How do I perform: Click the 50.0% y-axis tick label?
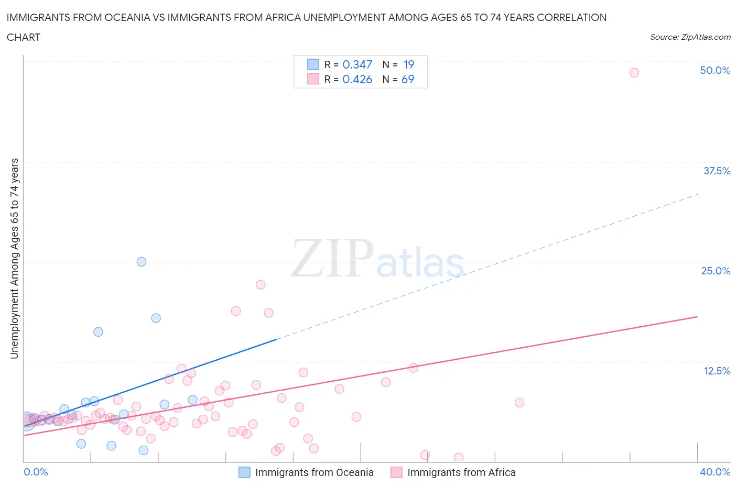tap(715, 70)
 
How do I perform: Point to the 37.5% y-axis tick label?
tap(717, 171)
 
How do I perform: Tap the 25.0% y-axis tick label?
tap(716, 271)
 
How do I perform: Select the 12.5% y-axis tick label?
tap(717, 371)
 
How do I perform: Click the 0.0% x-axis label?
tap(36, 472)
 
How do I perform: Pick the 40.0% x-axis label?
tap(715, 472)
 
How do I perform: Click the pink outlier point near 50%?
tap(634, 73)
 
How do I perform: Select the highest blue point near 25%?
tap(142, 262)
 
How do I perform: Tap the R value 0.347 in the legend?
tap(357, 64)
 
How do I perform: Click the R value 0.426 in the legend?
tap(357, 79)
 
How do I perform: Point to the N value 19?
tap(409, 64)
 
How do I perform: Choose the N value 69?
tap(408, 79)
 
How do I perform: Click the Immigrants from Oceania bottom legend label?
tap(314, 472)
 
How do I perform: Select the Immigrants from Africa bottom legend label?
tap(461, 472)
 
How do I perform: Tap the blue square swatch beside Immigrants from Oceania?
tap(244, 472)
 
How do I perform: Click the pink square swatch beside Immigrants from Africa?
tap(396, 472)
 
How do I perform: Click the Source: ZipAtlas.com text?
tap(690, 37)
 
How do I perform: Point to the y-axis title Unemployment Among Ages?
tap(14, 258)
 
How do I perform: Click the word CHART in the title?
tap(24, 37)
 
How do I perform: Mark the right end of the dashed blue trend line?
tap(698, 194)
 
